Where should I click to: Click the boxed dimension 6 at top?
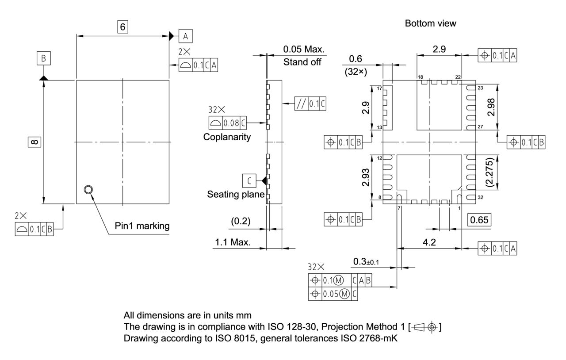tap(122, 27)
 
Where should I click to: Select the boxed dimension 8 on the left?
tap(35, 142)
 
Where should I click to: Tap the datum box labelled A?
tap(186, 35)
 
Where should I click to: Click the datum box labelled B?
tap(44, 58)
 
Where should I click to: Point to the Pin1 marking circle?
tap(88, 190)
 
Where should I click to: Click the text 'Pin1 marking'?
tap(142, 226)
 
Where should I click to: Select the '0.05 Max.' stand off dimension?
tap(304, 49)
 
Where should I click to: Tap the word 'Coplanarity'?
tap(227, 137)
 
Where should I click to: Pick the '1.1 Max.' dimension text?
tap(233, 242)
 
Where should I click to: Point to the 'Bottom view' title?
tap(430, 24)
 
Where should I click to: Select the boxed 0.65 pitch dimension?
tap(480, 220)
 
